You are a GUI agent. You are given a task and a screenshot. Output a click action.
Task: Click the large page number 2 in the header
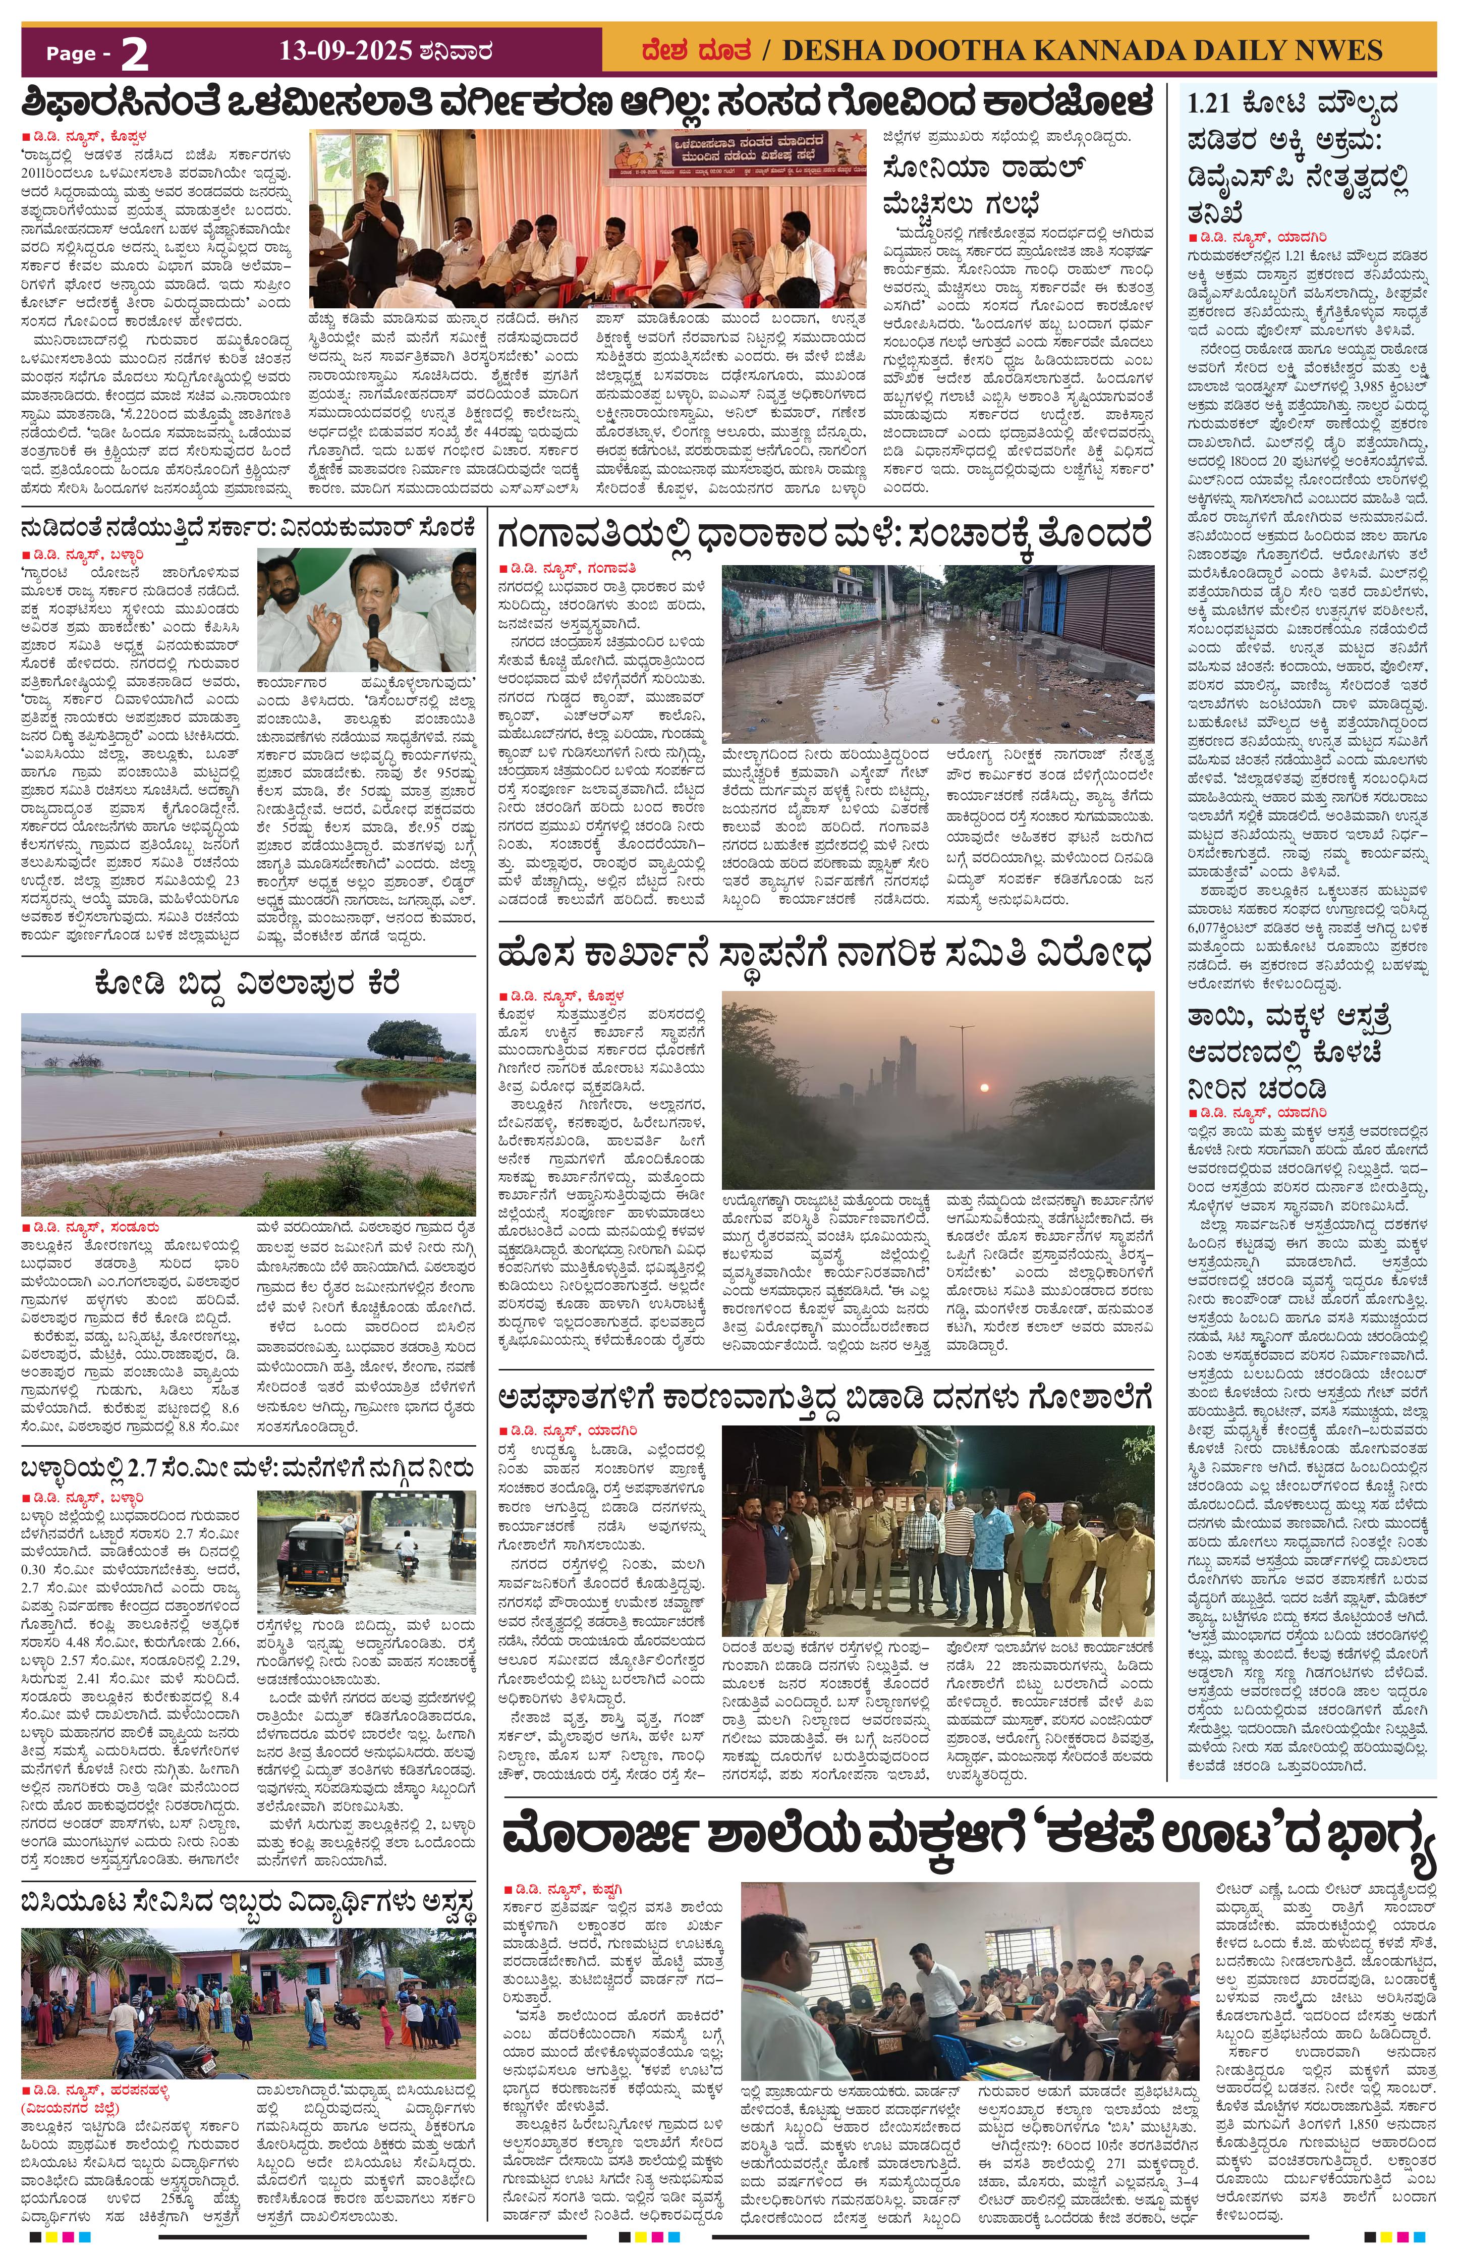[x=134, y=55]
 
